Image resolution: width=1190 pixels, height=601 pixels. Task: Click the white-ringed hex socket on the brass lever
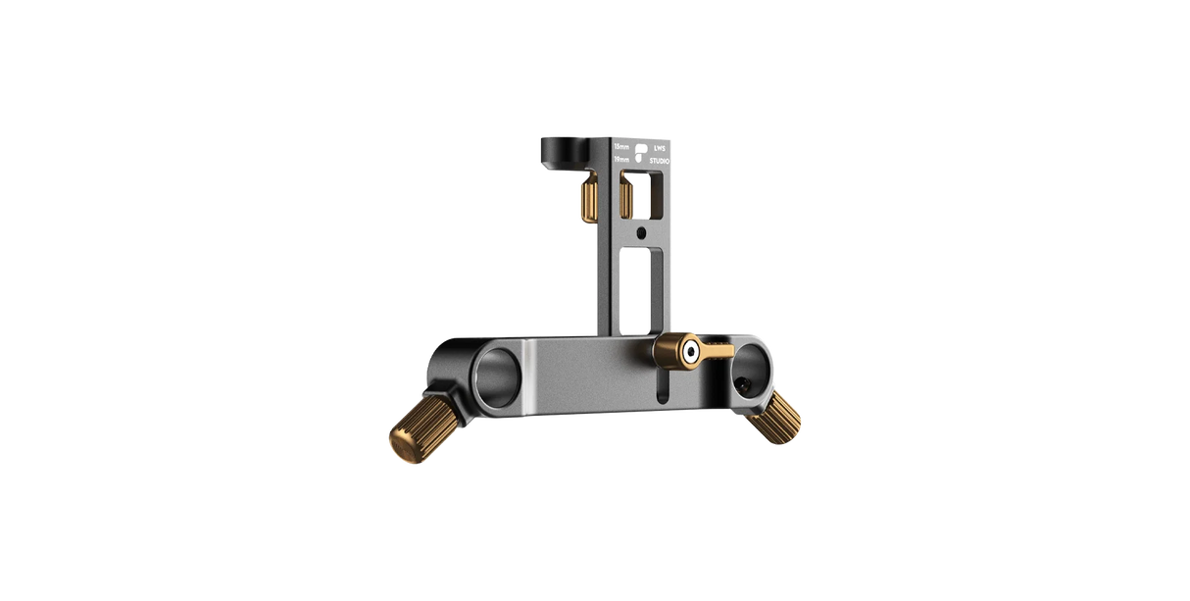[x=692, y=349]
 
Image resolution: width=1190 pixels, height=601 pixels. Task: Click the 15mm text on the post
[x=621, y=147]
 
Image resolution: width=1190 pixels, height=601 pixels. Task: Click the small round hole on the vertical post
[x=640, y=232]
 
